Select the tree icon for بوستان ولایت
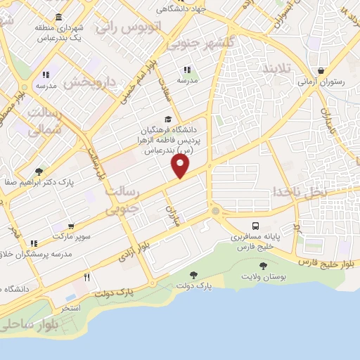[264, 266]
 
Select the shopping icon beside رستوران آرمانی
[321, 71]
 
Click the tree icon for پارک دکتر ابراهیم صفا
[39, 171]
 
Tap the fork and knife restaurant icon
[87, 276]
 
